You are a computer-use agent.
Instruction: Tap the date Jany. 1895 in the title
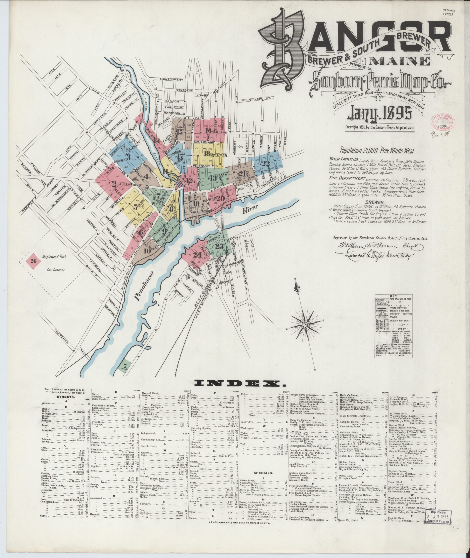point(379,114)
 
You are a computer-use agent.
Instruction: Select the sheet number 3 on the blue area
point(128,157)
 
